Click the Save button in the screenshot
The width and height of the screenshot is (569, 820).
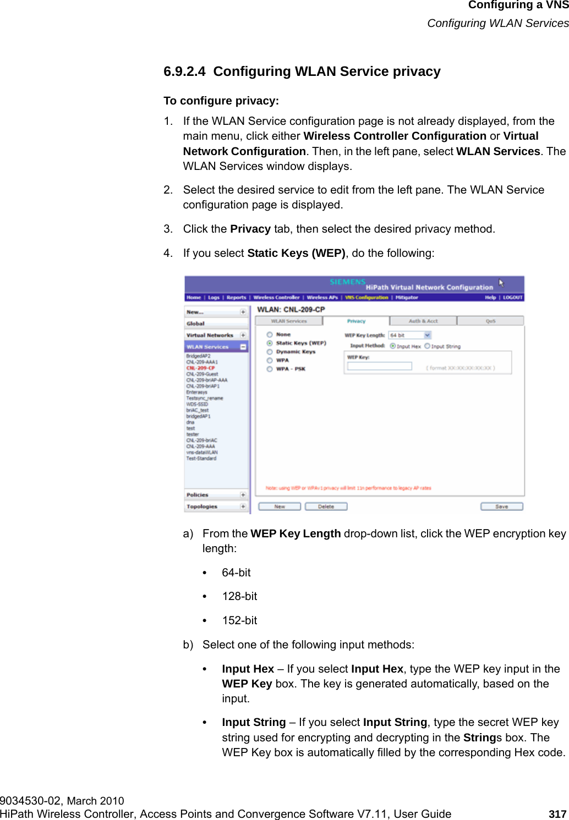pyautogui.click(x=501, y=507)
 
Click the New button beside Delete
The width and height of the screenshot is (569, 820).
pyautogui.click(x=280, y=507)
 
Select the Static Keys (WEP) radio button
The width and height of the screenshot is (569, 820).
pyautogui.click(x=270, y=343)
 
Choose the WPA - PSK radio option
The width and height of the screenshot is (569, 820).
pyautogui.click(x=270, y=369)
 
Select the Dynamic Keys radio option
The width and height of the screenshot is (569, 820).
pyautogui.click(x=270, y=352)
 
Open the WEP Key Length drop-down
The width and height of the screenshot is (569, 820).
pyautogui.click(x=427, y=335)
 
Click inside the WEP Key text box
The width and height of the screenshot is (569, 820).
pyautogui.click(x=380, y=366)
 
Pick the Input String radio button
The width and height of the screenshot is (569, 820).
pyautogui.click(x=427, y=346)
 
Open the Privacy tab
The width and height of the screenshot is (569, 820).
pyautogui.click(x=356, y=321)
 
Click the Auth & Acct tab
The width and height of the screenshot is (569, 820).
pyautogui.click(x=423, y=321)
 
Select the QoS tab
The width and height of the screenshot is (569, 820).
pyautogui.click(x=490, y=321)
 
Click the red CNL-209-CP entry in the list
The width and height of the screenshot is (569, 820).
pyautogui.click(x=200, y=368)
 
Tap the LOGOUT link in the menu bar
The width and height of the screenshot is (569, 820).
pyautogui.click(x=512, y=298)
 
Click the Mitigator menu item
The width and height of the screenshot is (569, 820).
pyautogui.click(x=407, y=298)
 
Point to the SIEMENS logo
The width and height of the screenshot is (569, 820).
pyautogui.click(x=347, y=282)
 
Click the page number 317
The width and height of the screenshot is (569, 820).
pyautogui.click(x=557, y=814)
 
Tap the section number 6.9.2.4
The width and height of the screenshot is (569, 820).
pyautogui.click(x=184, y=71)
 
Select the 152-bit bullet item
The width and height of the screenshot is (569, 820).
pyautogui.click(x=239, y=620)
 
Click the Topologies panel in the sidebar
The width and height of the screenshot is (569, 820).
pyautogui.click(x=202, y=507)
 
